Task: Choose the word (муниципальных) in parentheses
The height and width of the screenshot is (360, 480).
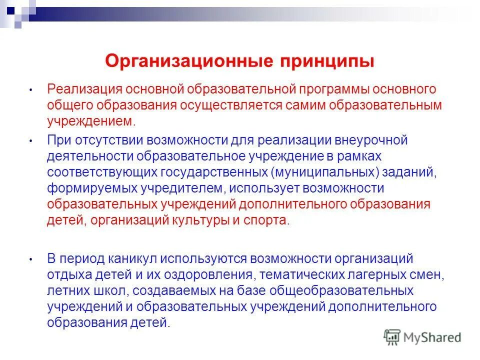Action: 326,172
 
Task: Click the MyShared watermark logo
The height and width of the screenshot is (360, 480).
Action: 422,337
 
